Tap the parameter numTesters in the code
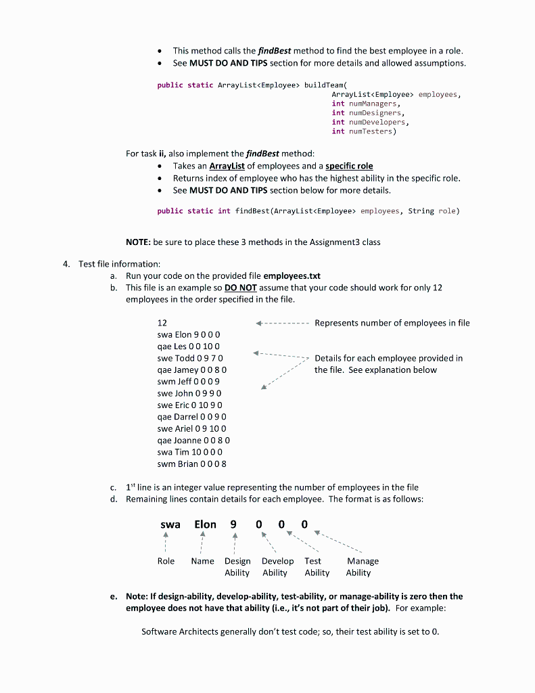pyautogui.click(x=371, y=131)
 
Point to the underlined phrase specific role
pyautogui.click(x=349, y=166)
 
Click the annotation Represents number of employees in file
pyautogui.click(x=392, y=323)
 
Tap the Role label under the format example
pyautogui.click(x=166, y=561)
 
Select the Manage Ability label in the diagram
pyautogui.click(x=362, y=566)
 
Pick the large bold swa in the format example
pyautogui.click(x=170, y=524)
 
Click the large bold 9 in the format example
pyautogui.click(x=233, y=524)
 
